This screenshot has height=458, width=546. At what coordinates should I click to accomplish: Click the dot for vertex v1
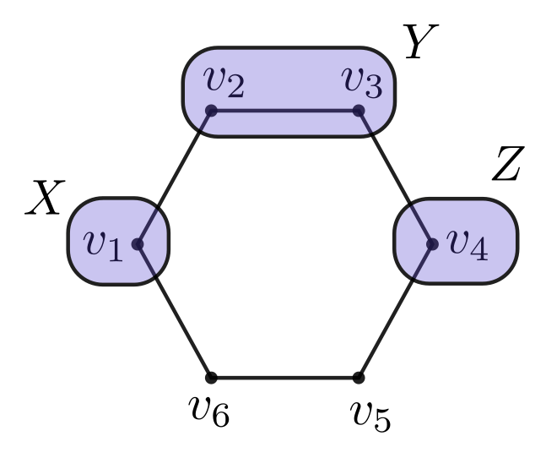138,244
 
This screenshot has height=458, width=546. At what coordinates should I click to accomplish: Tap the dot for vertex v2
211,111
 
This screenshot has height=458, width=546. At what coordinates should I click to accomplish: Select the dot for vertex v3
359,111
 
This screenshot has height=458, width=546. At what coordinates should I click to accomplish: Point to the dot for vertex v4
432,244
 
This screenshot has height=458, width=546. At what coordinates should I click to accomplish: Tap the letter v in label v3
353,78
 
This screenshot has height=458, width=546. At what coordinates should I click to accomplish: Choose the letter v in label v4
457,241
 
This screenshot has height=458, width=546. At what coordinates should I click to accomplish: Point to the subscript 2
235,86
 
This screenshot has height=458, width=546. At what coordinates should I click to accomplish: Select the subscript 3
373,86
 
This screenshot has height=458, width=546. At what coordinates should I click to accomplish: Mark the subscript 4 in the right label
478,250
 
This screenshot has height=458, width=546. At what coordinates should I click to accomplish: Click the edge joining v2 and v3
284,111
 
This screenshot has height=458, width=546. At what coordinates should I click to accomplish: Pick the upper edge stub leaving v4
421,224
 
